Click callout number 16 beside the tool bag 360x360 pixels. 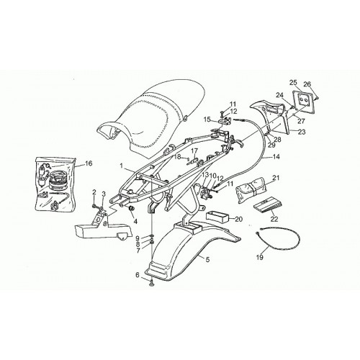89,163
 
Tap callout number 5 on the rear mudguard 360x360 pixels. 207,259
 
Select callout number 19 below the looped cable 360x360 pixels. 260,257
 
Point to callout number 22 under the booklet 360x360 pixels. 274,219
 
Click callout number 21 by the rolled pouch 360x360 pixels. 276,178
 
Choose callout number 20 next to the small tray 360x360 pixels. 239,219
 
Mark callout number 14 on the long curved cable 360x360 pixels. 276,157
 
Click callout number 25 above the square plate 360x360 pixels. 293,83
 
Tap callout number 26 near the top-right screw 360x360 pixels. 307,84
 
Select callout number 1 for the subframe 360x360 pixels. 122,166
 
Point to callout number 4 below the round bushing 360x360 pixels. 135,221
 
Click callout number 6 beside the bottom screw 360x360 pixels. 138,275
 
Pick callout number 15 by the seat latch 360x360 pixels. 207,119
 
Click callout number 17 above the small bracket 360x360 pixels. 194,151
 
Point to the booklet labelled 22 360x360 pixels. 268,205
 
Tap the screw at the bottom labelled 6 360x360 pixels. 152,283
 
